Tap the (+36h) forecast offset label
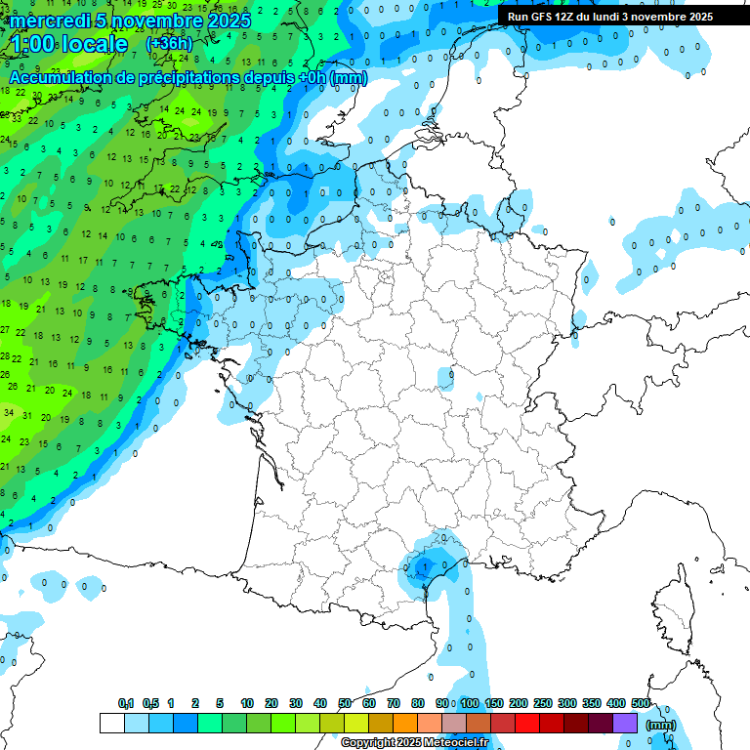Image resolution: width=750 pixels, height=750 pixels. (168, 44)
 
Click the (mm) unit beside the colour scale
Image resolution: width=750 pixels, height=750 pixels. (661, 724)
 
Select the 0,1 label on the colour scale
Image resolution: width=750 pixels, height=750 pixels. (126, 703)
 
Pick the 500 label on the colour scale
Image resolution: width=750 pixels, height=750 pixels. (641, 703)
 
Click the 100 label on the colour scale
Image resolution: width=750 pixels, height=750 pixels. (470, 703)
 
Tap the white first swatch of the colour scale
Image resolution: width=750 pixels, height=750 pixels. (111, 724)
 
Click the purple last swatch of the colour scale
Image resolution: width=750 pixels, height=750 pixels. (625, 724)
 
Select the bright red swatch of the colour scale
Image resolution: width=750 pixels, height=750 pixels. (527, 724)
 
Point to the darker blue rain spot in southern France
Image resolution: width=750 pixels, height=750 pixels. (422, 566)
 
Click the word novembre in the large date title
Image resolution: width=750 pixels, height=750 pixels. (156, 21)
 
